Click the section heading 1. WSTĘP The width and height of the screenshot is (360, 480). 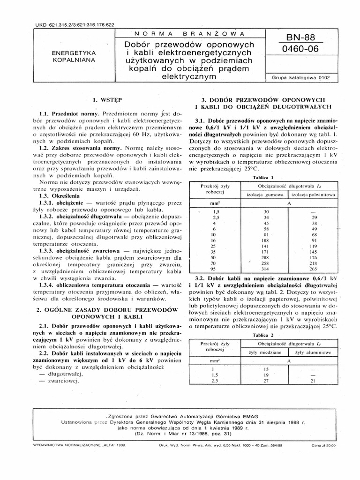[x=108, y=99]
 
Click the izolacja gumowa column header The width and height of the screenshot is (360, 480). [x=266, y=194]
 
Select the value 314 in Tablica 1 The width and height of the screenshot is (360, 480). [x=266, y=269]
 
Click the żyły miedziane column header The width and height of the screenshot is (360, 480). [x=266, y=352]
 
